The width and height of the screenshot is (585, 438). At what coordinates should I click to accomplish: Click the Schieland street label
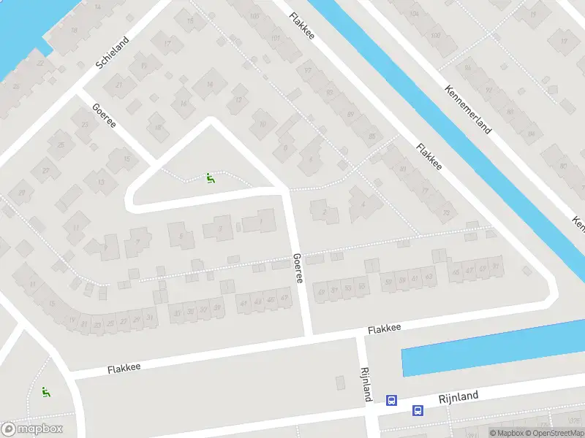click(112, 53)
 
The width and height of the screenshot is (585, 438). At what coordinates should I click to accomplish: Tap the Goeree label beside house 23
click(105, 117)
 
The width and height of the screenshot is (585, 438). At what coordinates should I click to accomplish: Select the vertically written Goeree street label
click(298, 269)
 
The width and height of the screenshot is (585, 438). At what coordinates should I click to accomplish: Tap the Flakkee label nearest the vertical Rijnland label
click(385, 330)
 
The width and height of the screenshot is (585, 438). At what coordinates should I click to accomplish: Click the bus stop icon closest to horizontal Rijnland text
click(418, 411)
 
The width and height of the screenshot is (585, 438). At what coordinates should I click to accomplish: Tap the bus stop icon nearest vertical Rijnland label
click(392, 400)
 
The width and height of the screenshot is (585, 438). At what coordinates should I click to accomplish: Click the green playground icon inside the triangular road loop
click(210, 177)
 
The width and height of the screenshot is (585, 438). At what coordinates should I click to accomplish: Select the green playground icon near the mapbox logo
click(45, 392)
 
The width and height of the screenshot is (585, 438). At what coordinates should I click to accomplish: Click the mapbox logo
click(32, 429)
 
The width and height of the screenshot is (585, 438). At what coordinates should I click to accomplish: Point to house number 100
click(435, 36)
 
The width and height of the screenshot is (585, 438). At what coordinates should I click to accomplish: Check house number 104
click(415, 13)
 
